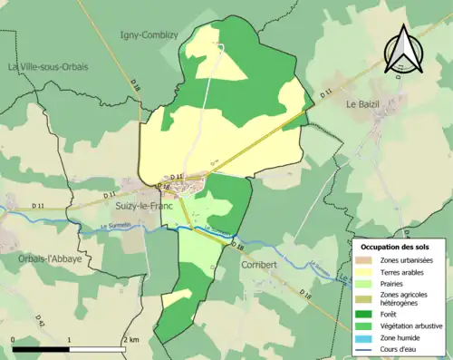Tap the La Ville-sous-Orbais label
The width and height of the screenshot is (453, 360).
coord(48,67)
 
